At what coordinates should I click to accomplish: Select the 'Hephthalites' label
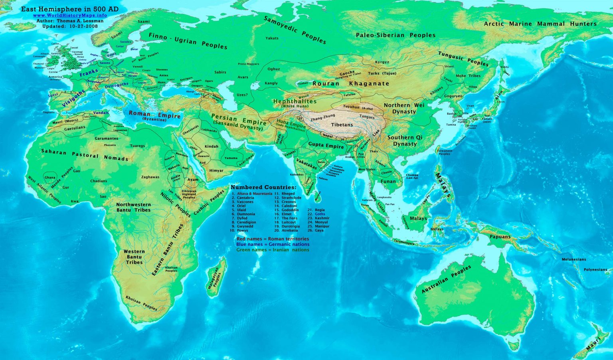tap(295, 101)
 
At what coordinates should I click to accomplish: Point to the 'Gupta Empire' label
tap(326, 146)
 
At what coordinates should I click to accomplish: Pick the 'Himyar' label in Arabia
tap(216, 170)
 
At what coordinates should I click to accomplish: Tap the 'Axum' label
tap(193, 180)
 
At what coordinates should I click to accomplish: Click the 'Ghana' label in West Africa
tap(50, 178)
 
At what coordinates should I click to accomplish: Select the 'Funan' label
tap(388, 181)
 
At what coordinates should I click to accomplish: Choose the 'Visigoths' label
tap(74, 98)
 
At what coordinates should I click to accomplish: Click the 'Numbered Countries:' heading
tap(263, 187)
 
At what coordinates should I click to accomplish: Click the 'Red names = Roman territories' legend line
tap(272, 239)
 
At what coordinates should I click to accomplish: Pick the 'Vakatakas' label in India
tap(306, 164)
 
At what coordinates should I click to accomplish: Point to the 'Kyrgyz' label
tap(382, 62)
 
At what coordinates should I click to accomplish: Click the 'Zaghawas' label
tap(150, 177)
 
